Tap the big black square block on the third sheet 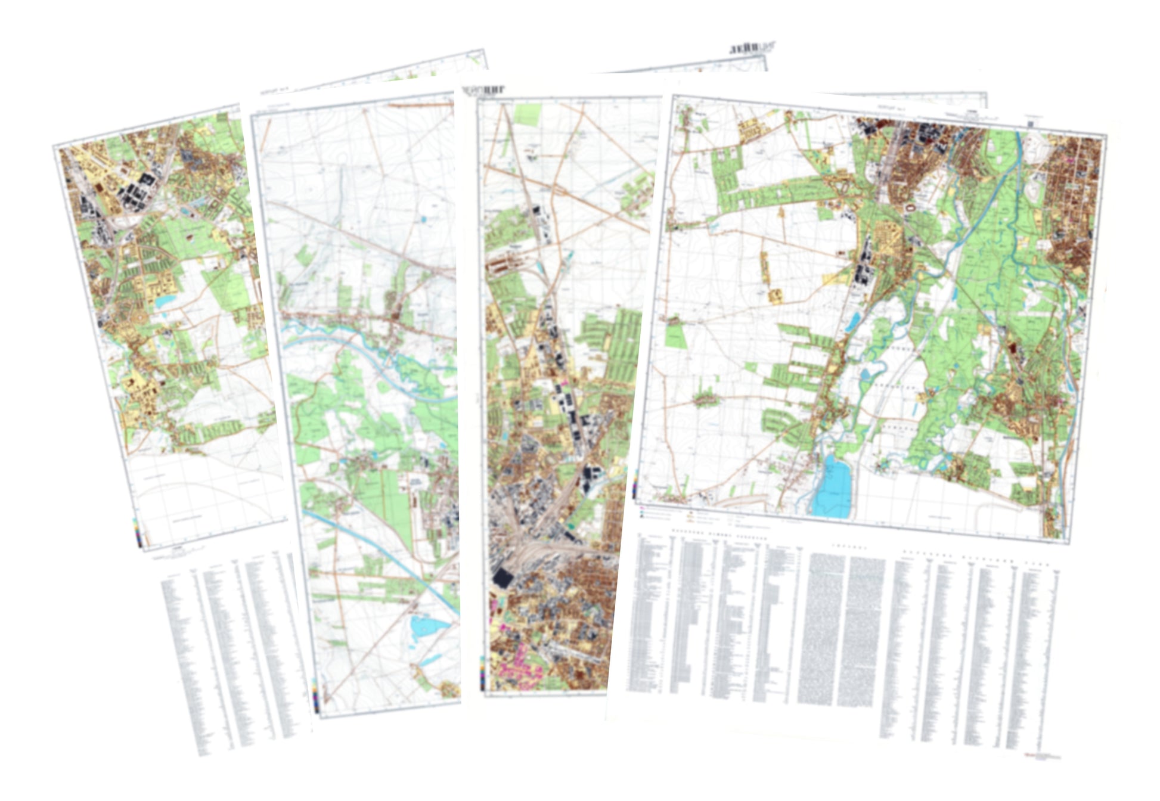tap(503, 577)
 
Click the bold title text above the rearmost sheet tap(752, 47)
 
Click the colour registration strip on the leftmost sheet tap(137, 532)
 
